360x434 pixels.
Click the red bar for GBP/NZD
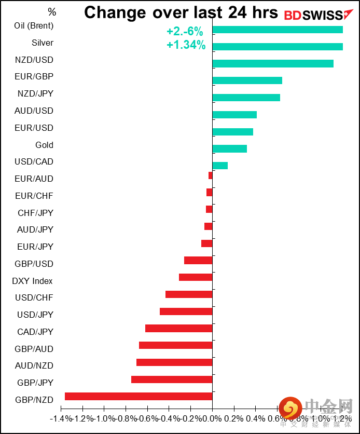(x=139, y=396)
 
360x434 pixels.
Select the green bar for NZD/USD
(x=273, y=63)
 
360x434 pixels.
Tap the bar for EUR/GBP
(x=247, y=80)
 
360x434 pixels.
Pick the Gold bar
(x=230, y=148)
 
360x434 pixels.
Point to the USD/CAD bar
(x=220, y=165)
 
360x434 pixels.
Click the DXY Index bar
(x=196, y=277)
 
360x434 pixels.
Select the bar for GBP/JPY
(x=172, y=379)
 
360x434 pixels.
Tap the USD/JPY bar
(x=186, y=311)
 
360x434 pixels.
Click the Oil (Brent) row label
(x=34, y=25)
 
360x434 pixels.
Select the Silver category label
(x=43, y=43)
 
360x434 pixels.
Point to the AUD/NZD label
(x=34, y=365)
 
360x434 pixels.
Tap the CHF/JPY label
(x=35, y=212)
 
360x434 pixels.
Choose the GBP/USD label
(x=34, y=264)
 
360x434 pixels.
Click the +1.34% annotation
(x=186, y=45)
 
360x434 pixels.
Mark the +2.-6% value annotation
(x=185, y=32)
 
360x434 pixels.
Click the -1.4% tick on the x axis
(x=60, y=418)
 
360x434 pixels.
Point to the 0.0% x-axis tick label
(x=213, y=418)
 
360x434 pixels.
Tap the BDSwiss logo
(x=314, y=15)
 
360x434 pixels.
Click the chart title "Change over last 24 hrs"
(x=181, y=12)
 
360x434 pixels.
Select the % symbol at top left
(x=51, y=11)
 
